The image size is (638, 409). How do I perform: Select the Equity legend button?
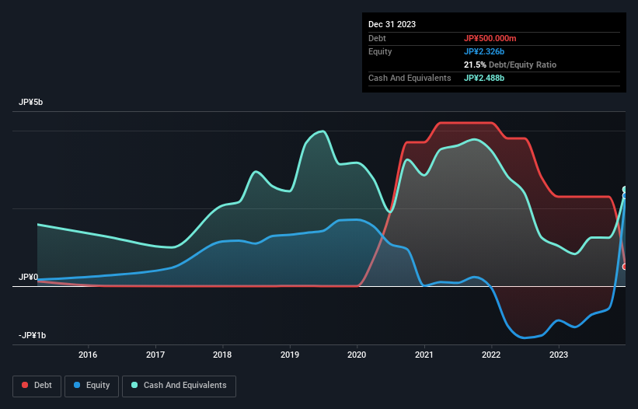point(92,385)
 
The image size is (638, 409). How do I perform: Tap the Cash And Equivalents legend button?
point(179,385)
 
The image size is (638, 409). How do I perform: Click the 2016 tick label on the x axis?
point(89,355)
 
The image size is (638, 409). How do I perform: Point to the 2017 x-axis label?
point(156,355)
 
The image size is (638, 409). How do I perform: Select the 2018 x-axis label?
point(223,355)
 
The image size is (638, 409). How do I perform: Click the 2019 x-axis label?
point(290,355)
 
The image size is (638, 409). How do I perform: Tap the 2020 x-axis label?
point(357,355)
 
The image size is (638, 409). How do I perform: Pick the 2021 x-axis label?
point(424,355)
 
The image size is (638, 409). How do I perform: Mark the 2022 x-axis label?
point(491,355)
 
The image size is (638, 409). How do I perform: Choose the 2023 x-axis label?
point(558,355)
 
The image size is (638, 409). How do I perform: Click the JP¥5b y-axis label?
point(32,103)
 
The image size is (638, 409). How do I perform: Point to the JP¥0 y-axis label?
point(29,277)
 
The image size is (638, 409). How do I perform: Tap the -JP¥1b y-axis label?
point(33,335)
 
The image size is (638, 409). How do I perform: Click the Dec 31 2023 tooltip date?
point(392,24)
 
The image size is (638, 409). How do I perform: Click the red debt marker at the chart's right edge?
point(625,267)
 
